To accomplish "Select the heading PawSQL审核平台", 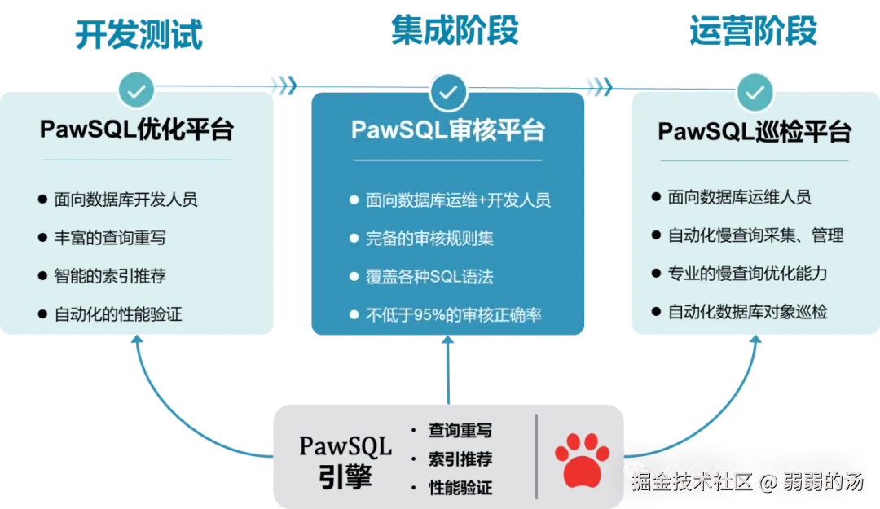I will (x=448, y=130).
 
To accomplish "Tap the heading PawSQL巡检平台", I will (x=755, y=132).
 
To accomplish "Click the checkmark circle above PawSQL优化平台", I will (x=137, y=90).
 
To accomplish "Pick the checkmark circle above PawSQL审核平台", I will (x=447, y=91).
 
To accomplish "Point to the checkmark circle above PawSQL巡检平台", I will (x=755, y=91).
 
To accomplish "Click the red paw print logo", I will (x=582, y=460).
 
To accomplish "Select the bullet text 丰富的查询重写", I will (x=110, y=238).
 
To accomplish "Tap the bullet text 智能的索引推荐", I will (x=110, y=276).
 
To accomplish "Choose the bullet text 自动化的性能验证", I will (x=118, y=314).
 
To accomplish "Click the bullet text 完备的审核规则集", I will (x=429, y=239).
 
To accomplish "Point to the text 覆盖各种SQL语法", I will (x=429, y=277).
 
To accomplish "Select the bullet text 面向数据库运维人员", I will (x=739, y=197).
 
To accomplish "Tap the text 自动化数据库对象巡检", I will (x=748, y=312).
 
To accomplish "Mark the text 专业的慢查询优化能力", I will (x=748, y=274).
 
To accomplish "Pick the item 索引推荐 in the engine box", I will (x=460, y=459).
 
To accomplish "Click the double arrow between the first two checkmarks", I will (x=282, y=86).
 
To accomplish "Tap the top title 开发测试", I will (x=138, y=34).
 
